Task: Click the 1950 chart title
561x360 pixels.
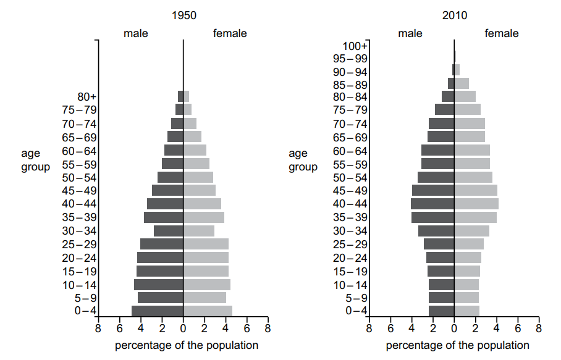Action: click(x=183, y=15)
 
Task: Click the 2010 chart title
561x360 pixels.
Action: click(x=455, y=15)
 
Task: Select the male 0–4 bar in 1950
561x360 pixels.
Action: click(x=158, y=311)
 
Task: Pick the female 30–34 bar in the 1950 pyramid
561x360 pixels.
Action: click(x=199, y=230)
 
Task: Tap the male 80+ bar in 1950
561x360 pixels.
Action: click(x=180, y=96)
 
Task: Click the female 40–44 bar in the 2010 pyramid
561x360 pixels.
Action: click(x=476, y=204)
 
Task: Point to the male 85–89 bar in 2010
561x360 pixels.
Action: click(x=451, y=83)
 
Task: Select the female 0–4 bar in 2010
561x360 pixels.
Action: click(x=467, y=311)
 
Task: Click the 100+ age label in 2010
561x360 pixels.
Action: click(x=355, y=46)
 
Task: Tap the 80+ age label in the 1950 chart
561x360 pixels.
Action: click(x=87, y=97)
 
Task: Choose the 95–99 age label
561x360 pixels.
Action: click(x=350, y=59)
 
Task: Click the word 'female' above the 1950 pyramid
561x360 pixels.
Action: click(x=230, y=33)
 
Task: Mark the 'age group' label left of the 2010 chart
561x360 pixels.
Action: click(x=303, y=160)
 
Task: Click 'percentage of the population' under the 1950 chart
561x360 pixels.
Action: click(x=187, y=345)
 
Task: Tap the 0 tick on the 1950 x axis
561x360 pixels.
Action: click(x=183, y=329)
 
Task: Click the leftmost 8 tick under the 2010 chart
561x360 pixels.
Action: click(x=369, y=329)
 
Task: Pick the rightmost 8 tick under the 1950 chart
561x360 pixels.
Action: click(x=268, y=329)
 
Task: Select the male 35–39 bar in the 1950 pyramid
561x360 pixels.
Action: click(x=163, y=217)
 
